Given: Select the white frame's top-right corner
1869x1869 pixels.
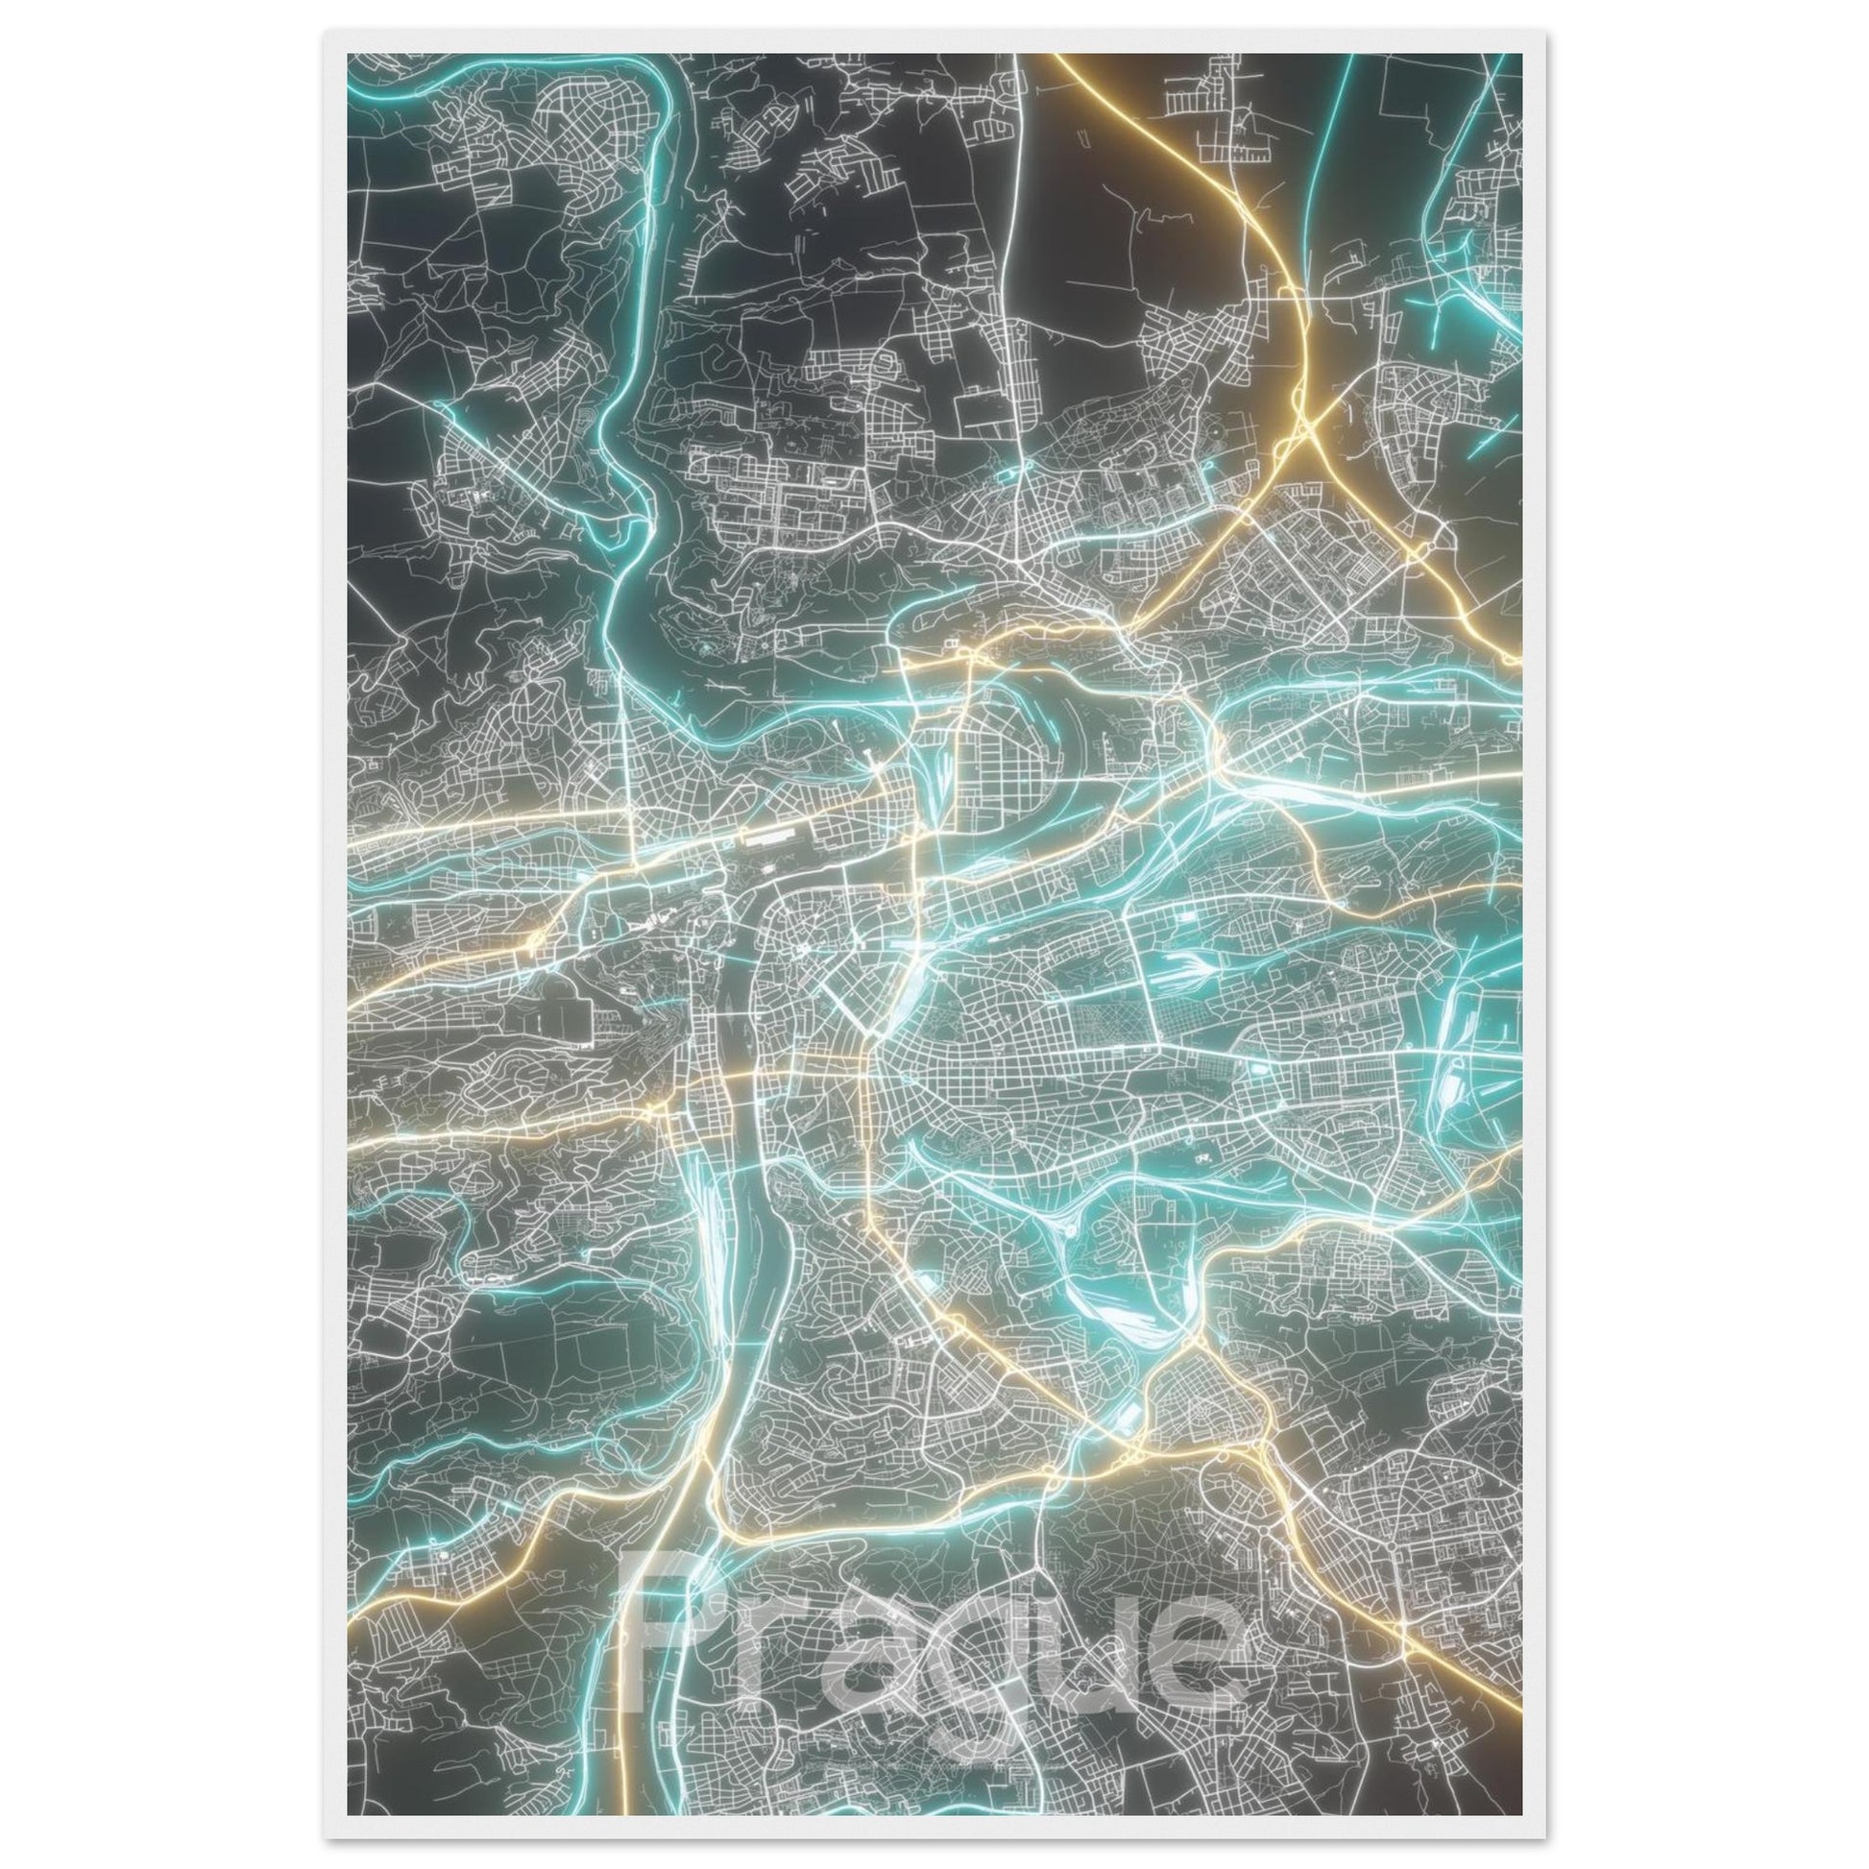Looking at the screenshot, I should (1545, 33).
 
